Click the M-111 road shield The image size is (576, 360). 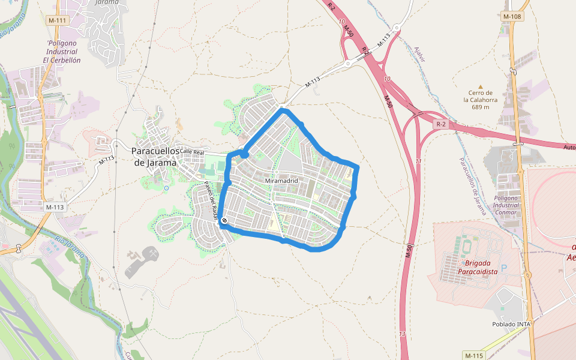coord(58,20)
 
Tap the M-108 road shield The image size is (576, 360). coord(512,16)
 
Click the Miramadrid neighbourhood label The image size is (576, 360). coord(281,181)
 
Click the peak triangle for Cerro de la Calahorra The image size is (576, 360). coord(480,86)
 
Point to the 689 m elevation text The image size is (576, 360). coord(481,107)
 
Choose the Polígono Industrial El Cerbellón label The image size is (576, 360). coord(62,52)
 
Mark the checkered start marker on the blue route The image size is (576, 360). coord(224,221)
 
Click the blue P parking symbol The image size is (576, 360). coord(504,268)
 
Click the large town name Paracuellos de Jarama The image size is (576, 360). coord(155,156)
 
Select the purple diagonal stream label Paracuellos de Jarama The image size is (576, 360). coord(471,187)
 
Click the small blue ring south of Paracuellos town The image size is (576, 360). coord(166,188)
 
